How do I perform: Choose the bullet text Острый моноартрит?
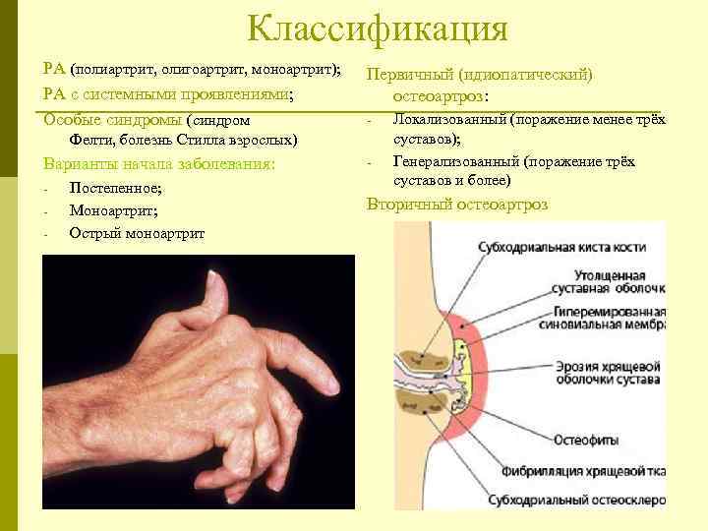point(137,232)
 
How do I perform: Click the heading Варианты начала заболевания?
point(158,163)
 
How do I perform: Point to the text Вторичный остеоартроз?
point(457,205)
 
